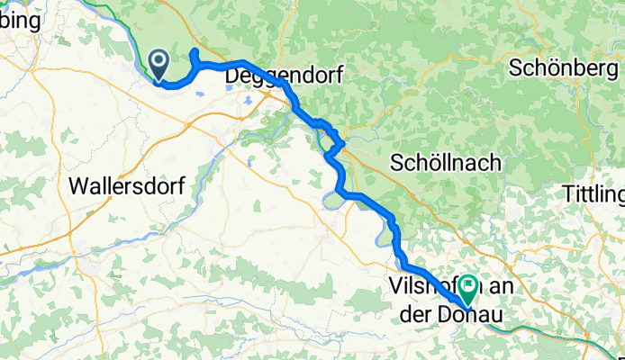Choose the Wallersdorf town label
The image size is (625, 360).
[x=126, y=186]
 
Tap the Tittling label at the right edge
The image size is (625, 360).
[x=593, y=193]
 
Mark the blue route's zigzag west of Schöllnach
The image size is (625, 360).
[x=336, y=139]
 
